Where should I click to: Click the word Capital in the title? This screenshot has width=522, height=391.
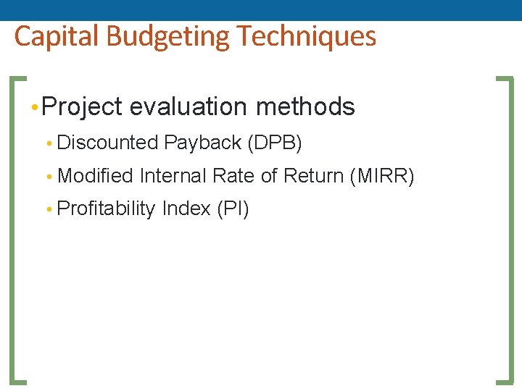pos(49,36)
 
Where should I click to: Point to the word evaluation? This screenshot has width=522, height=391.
pos(189,107)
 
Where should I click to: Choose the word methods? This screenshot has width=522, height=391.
pos(305,107)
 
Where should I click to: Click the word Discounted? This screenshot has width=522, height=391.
pos(107,143)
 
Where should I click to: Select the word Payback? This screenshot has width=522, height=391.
pos(202,143)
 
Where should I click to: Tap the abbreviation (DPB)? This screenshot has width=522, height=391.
pos(275,143)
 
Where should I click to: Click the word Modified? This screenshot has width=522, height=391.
pos(95,176)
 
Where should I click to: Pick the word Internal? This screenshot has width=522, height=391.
pos(173,176)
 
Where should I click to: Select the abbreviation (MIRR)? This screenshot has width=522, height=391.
pos(381,176)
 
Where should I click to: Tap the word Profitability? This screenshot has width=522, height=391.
pos(106,209)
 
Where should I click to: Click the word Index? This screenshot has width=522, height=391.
pos(186,209)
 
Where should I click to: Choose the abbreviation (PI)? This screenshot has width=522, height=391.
pos(233,209)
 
